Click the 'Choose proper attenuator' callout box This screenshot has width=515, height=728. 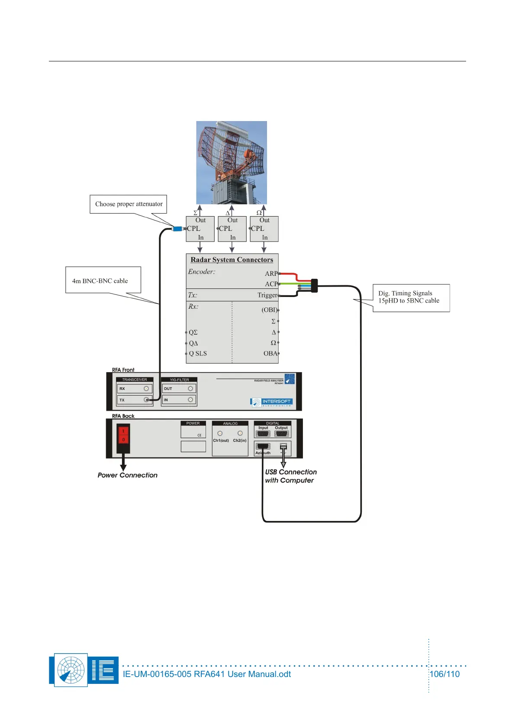[129, 204]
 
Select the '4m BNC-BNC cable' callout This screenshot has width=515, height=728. [103, 280]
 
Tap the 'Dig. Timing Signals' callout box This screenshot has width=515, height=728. [411, 297]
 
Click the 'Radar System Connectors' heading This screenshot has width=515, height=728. [232, 260]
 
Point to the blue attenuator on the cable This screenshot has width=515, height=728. [177, 229]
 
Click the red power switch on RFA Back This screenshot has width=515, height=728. [123, 435]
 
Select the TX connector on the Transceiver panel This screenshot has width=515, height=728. [147, 400]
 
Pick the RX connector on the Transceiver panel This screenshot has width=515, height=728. [146, 389]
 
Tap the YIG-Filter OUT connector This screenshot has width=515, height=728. [190, 389]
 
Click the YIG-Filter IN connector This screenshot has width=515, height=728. [190, 400]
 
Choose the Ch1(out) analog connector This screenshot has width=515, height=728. [220, 433]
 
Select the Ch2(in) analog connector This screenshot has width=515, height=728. [240, 433]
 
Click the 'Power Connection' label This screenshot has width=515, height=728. [128, 475]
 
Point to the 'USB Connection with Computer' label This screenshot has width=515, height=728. [290, 476]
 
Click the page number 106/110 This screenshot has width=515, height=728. [444, 674]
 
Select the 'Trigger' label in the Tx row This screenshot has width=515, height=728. [267, 295]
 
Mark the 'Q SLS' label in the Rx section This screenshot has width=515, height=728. [198, 354]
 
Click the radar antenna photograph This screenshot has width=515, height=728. [232, 163]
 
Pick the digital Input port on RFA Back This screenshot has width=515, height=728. [263, 434]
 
